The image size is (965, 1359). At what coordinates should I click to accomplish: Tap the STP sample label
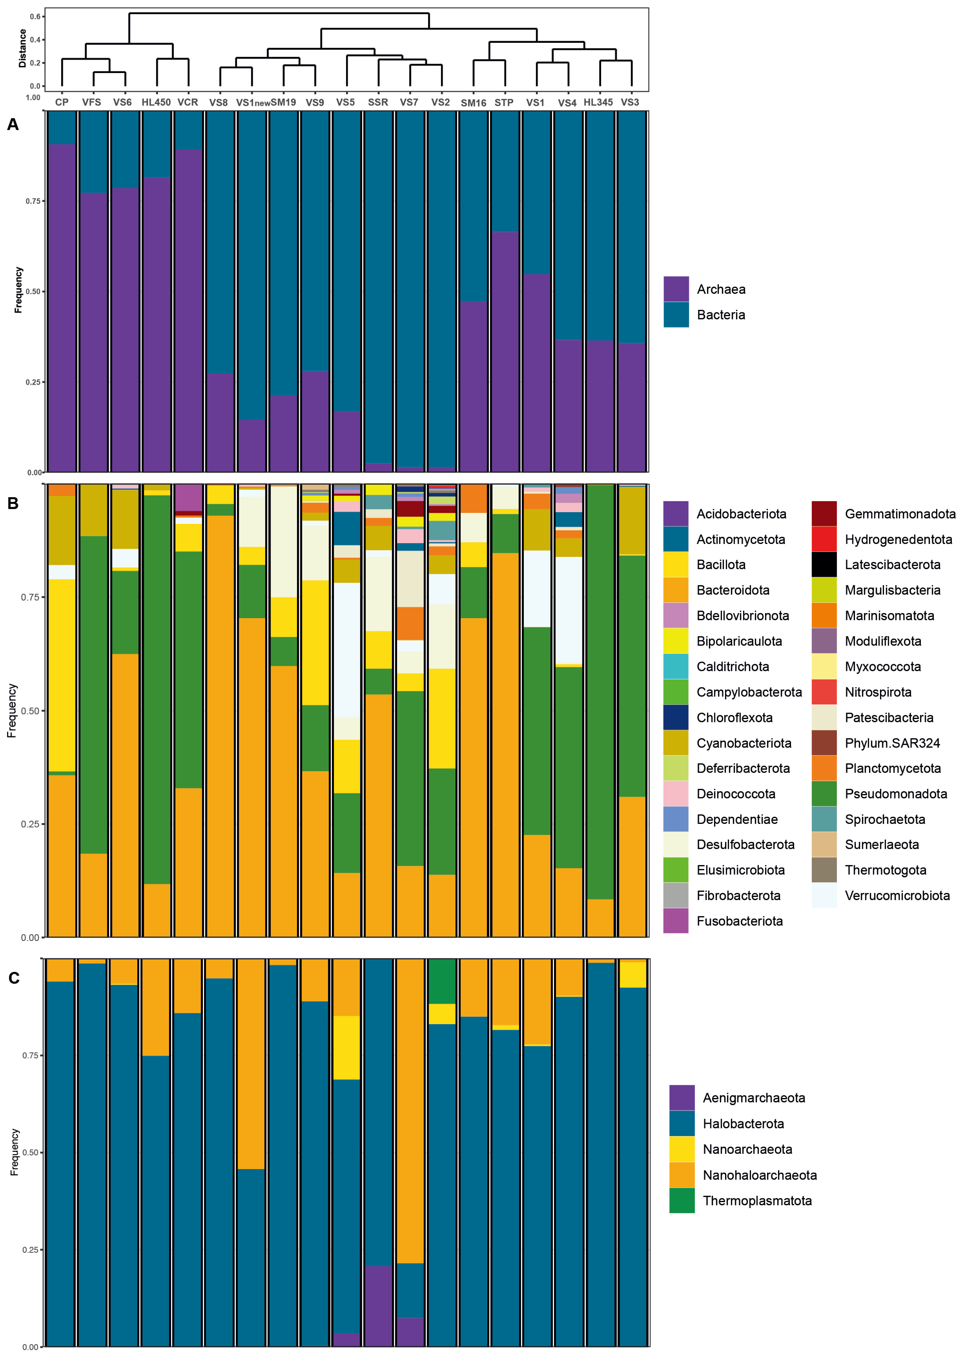click(504, 102)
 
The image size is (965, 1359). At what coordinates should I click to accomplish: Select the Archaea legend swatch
click(676, 289)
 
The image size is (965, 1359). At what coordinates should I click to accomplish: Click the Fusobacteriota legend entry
click(739, 921)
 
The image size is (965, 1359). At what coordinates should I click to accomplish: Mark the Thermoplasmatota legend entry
click(757, 1200)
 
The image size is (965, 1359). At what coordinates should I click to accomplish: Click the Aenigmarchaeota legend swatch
click(681, 1097)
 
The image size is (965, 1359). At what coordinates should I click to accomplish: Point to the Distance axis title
click(22, 49)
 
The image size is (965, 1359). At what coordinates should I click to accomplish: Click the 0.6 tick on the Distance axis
click(36, 17)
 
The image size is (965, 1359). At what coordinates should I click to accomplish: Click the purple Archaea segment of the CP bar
click(62, 309)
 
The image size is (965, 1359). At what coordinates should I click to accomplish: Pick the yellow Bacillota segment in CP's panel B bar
click(62, 675)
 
